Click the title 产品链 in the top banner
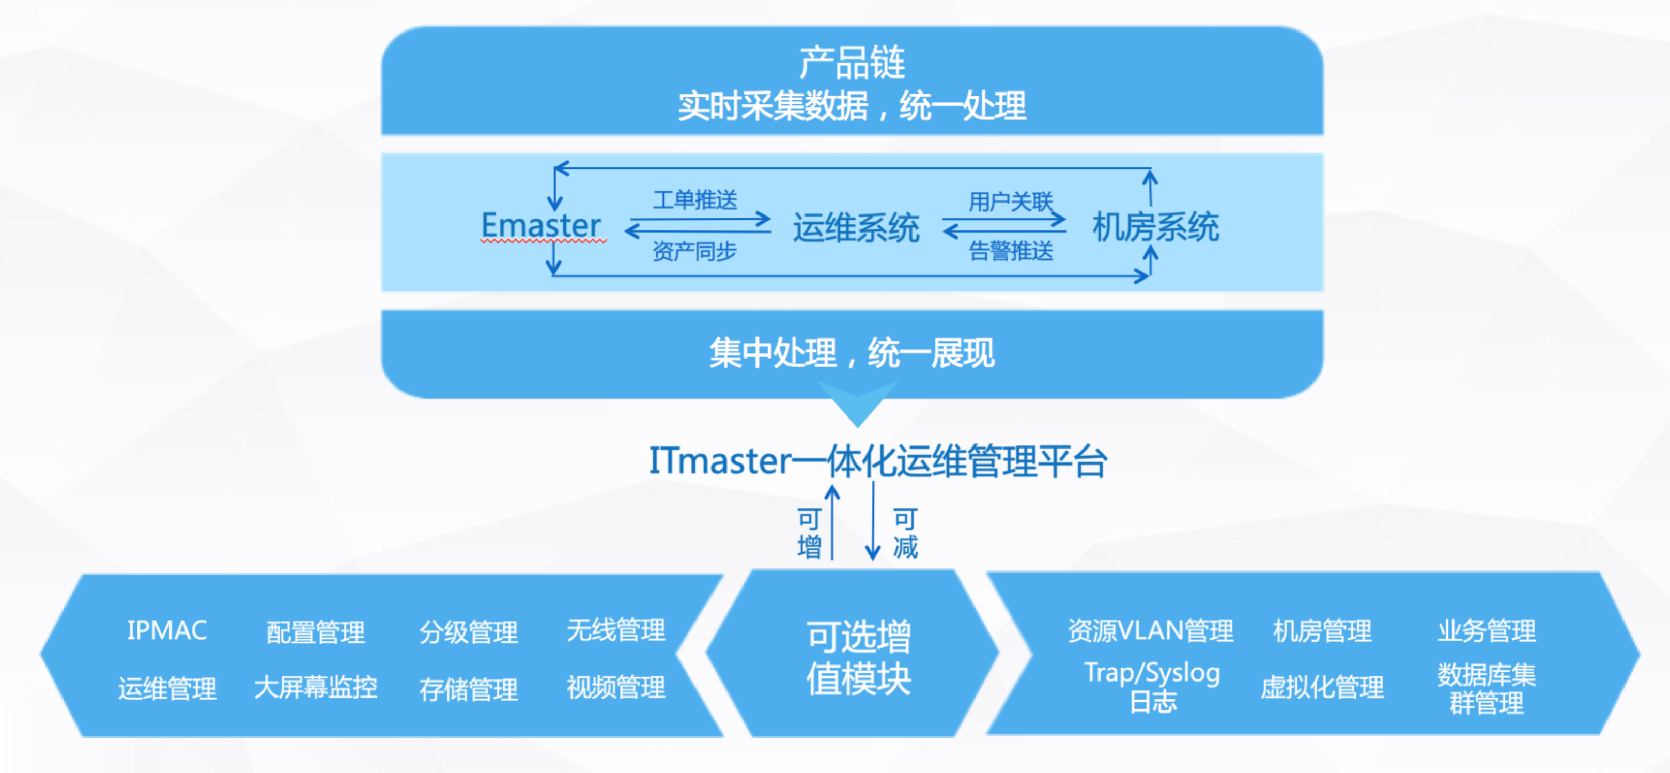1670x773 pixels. coord(852,63)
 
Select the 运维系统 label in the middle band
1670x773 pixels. coord(856,228)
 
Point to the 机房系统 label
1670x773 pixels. coord(1156,227)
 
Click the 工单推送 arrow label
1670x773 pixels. coord(695,200)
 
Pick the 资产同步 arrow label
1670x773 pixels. coord(695,251)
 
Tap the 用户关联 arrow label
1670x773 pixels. coord(1011,202)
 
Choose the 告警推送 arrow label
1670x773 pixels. coord(1011,250)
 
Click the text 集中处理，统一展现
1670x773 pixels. coord(852,353)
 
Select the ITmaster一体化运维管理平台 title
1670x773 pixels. coord(878,462)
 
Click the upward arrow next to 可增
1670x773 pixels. coord(832,522)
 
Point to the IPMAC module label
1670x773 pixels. coord(166,630)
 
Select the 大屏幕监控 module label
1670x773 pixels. coord(316,687)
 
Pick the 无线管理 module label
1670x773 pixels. coord(616,630)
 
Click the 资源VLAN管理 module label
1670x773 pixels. coord(1151,630)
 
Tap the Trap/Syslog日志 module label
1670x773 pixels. coord(1153,687)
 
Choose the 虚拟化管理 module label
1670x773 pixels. coord(1323,687)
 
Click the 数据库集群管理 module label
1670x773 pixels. coord(1487,689)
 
